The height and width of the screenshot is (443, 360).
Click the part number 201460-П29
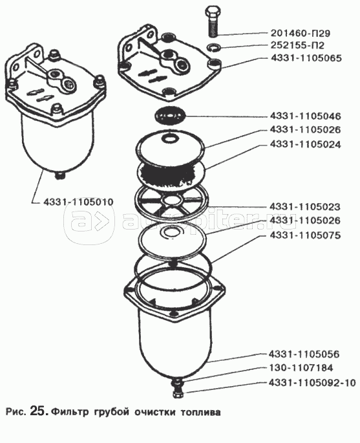(300, 34)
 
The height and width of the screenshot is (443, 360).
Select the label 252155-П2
(297, 45)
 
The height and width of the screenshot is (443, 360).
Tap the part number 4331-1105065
(306, 58)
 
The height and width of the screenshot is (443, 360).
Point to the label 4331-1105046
(306, 116)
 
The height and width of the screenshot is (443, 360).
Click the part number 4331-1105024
(306, 144)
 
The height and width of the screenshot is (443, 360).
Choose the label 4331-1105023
(305, 207)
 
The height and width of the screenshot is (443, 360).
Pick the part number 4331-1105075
(305, 235)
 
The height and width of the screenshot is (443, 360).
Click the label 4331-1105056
(304, 354)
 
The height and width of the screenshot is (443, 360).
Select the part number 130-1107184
(301, 368)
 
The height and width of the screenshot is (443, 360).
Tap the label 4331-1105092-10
(312, 383)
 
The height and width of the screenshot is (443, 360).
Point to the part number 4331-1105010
(78, 202)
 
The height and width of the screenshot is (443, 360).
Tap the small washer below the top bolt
(214, 47)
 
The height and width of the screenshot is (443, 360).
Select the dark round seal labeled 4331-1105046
(170, 116)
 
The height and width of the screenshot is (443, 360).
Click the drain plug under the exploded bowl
(176, 393)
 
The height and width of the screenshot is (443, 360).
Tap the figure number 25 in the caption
(39, 411)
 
